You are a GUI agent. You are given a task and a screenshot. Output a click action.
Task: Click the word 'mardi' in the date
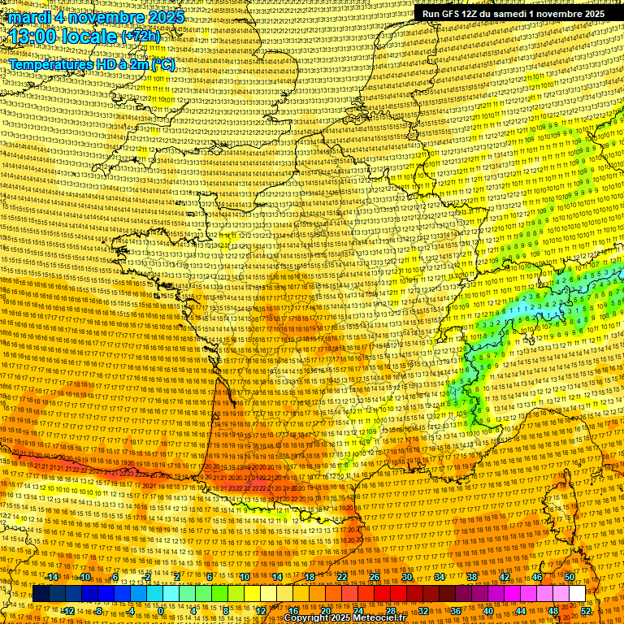click(x=26, y=16)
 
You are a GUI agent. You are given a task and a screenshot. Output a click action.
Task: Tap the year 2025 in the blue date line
click(x=162, y=16)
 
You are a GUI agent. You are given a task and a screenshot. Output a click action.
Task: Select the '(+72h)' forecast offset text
click(x=141, y=37)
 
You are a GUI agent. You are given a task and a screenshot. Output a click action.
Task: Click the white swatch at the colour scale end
click(x=577, y=594)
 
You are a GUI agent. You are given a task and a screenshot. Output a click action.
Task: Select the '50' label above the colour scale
click(x=569, y=577)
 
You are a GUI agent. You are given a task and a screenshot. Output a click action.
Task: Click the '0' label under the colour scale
click(x=161, y=611)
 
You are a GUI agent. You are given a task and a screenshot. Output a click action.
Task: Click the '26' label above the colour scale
click(x=375, y=577)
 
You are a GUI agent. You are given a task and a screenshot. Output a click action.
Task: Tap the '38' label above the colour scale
click(x=471, y=577)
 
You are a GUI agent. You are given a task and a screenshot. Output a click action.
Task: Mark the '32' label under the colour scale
click(x=422, y=611)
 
